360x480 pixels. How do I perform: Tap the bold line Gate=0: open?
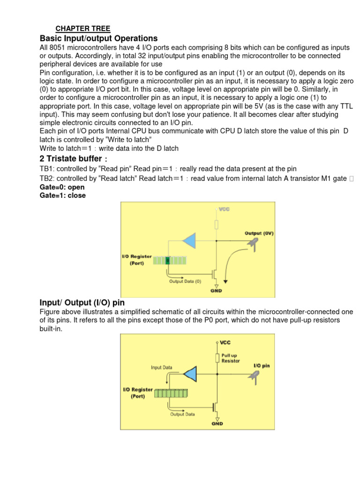point(62,187)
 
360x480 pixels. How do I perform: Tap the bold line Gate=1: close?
point(63,195)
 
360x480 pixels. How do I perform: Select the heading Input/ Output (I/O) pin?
point(82,303)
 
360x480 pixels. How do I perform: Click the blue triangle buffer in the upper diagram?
point(189,241)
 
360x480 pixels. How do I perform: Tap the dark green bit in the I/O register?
point(167,260)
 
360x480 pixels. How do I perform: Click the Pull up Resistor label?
point(231,358)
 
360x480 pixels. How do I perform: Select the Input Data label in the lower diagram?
point(162,367)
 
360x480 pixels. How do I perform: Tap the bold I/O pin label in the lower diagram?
point(262,366)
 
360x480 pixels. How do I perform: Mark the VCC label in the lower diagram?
point(225,343)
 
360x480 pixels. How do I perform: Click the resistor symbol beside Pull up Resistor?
point(217,358)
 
